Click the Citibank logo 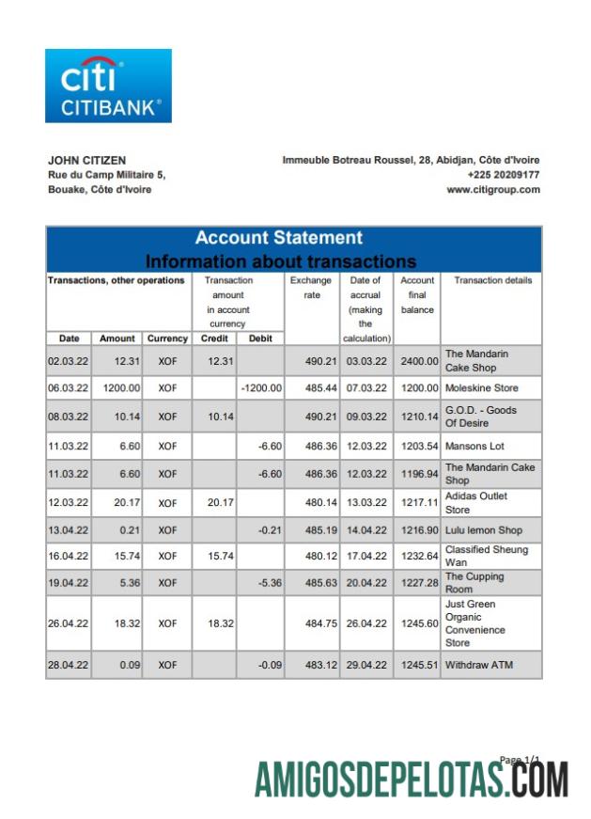coord(108,86)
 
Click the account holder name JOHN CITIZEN coord(86,161)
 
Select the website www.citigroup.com coord(493,189)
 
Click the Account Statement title coord(278,238)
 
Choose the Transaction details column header coord(492,280)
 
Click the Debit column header coord(260,339)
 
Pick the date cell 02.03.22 coord(68,361)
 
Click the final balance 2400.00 coord(418,361)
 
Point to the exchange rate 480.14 coord(310,503)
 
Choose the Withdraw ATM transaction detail coord(479,666)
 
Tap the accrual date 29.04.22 coord(365,666)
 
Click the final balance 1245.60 coord(418,623)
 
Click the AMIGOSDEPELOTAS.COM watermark coord(411,780)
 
